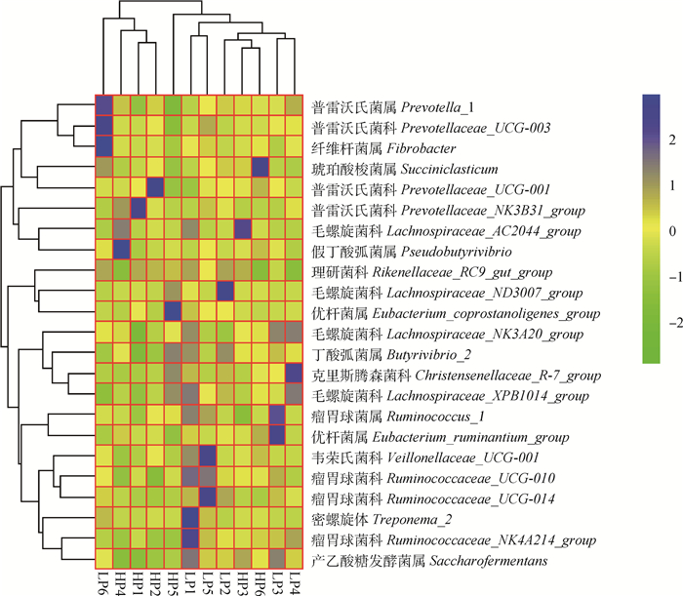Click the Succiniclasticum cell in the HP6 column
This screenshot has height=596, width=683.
pos(261,168)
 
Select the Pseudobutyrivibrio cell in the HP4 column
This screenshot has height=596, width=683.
pos(121,250)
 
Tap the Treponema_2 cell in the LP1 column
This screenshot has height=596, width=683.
pos(190,518)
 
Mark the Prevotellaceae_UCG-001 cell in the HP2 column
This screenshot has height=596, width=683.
pos(155,188)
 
